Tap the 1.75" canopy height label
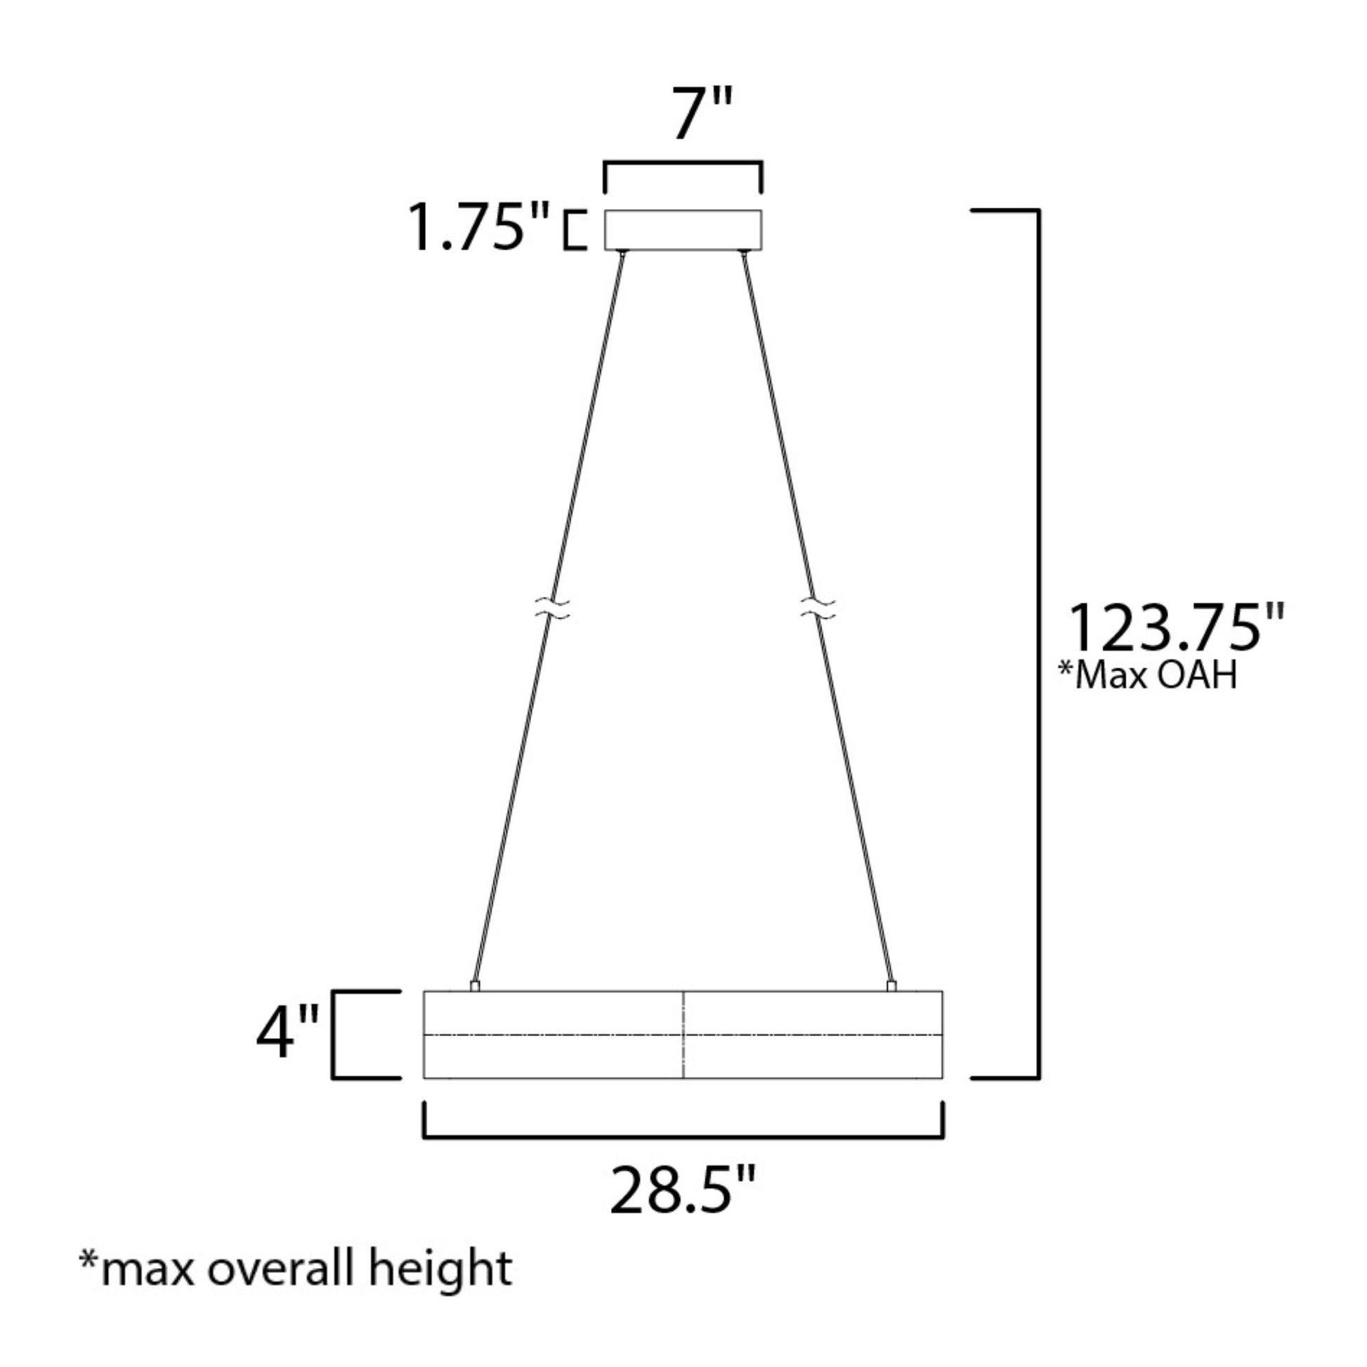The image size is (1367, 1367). [478, 228]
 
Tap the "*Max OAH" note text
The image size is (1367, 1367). [1148, 675]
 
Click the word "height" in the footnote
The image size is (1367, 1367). [440, 1269]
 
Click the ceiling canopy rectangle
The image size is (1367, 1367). [683, 230]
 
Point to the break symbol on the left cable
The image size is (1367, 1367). [553, 608]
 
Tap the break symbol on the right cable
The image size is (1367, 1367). [817, 608]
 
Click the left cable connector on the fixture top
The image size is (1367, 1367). [475, 986]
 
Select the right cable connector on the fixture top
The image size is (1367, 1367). [891, 986]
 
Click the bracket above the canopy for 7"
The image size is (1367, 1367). [683, 164]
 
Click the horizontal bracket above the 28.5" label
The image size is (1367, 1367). [683, 1137]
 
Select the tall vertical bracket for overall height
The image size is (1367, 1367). [1038, 644]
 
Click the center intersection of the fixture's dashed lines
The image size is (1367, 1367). [683, 1035]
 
